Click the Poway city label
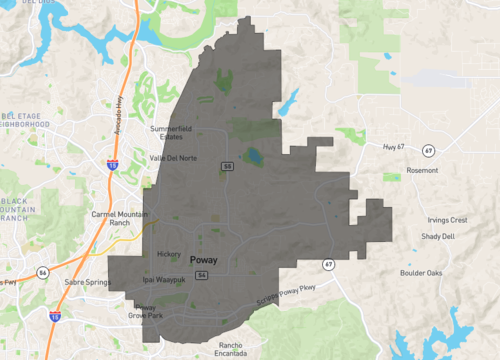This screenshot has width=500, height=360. [203, 258]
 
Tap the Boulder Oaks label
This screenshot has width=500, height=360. [421, 273]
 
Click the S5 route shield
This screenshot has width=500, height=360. [228, 166]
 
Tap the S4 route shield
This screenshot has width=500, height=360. [202, 274]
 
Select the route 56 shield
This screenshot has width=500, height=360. [42, 271]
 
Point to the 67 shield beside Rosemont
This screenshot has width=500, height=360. [428, 150]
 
